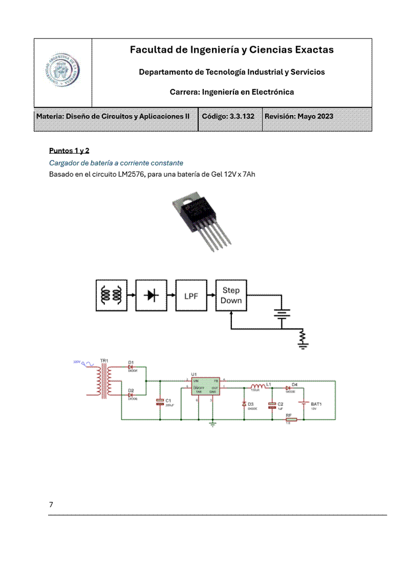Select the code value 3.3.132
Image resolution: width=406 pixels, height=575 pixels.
tap(242, 116)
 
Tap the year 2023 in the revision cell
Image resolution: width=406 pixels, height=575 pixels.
tap(323, 116)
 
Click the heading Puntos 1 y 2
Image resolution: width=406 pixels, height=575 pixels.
tap(69, 151)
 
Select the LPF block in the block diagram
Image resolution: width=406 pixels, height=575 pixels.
tap(191, 295)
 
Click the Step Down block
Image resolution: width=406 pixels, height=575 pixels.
tap(231, 295)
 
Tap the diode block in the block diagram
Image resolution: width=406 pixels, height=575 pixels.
tap(151, 295)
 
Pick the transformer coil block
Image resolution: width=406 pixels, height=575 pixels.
tap(111, 295)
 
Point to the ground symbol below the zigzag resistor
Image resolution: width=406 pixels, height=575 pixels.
tap(303, 346)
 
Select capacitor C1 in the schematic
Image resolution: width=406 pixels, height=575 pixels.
tap(160, 402)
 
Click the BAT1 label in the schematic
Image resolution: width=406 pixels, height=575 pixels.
tap(316, 404)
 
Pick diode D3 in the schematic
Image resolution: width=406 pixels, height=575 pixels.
tap(244, 404)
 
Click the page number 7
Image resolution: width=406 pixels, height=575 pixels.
tap(51, 504)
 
